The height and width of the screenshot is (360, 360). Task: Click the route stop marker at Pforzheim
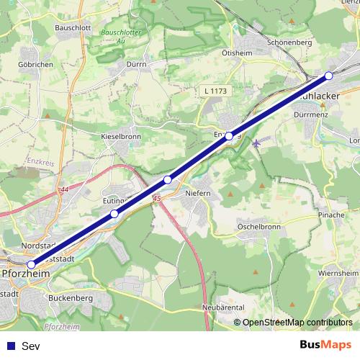pyautogui.click(x=30, y=265)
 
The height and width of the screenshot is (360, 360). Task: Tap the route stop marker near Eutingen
pyautogui.click(x=114, y=214)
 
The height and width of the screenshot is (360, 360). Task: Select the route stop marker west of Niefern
pyautogui.click(x=168, y=179)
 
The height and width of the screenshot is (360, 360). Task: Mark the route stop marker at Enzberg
pyautogui.click(x=229, y=136)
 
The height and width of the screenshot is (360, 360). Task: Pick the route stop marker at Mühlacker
pyautogui.click(x=329, y=76)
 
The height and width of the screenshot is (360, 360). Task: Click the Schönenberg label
pyautogui.click(x=288, y=42)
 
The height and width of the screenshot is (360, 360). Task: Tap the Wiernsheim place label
pyautogui.click(x=338, y=274)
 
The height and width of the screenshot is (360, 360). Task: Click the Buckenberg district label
pyautogui.click(x=72, y=297)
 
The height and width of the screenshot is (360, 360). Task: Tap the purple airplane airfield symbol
pyautogui.click(x=257, y=143)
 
